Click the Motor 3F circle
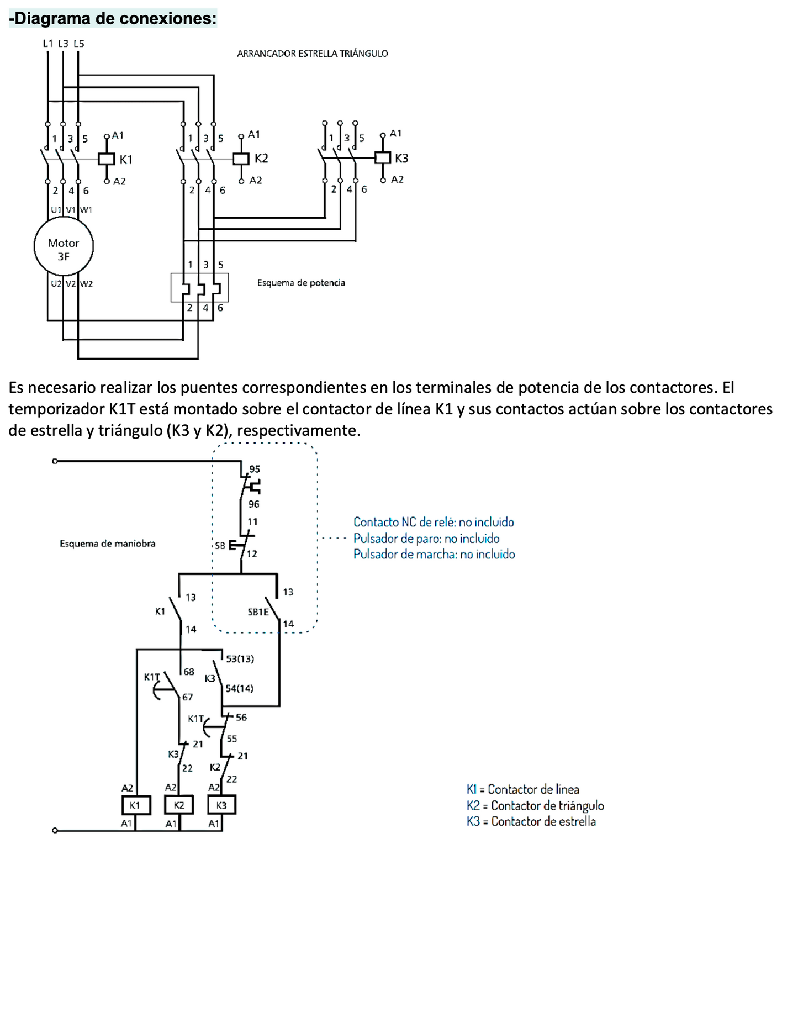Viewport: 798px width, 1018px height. tap(64, 247)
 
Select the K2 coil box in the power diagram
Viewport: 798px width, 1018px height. tap(241, 159)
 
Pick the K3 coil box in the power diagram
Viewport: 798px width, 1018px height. tap(383, 158)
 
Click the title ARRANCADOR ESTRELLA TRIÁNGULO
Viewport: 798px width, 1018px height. tap(312, 54)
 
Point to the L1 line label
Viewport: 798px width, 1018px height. tap(48, 44)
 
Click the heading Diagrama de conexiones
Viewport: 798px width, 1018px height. tap(113, 19)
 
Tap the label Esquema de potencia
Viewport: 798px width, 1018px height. tap(301, 283)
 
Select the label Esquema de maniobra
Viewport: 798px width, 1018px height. tap(108, 544)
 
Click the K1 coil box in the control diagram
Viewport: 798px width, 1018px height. tap(135, 805)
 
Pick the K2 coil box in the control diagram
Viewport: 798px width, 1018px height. tap(179, 805)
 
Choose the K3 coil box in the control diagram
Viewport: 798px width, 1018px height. tap(221, 805)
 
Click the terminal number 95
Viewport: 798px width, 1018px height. tap(255, 469)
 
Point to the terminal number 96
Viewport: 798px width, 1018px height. tap(254, 504)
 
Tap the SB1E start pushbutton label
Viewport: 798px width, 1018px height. tap(258, 612)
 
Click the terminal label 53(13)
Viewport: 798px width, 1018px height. tap(240, 659)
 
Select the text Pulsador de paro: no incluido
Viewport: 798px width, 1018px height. tap(426, 539)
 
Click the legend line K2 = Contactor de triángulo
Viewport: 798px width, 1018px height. tap(535, 805)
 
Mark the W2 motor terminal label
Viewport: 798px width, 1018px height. tap(87, 284)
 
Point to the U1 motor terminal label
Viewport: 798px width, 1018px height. tap(56, 210)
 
